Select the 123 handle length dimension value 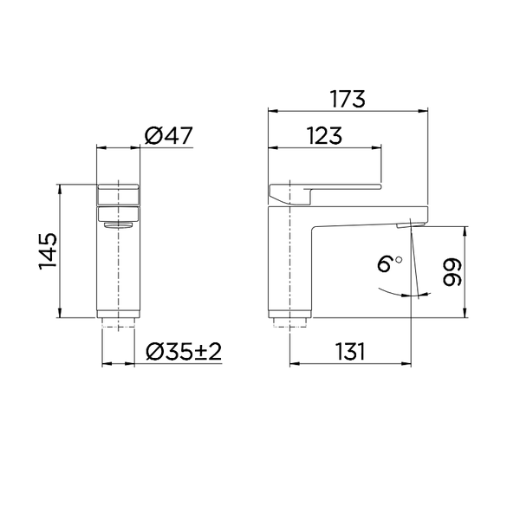click(x=324, y=135)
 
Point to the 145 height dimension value click(x=48, y=250)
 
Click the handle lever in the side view click(x=338, y=186)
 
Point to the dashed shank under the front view click(x=119, y=324)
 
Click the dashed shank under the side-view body click(x=289, y=324)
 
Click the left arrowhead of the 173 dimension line click(x=271, y=111)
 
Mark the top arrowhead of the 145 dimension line click(x=59, y=187)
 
